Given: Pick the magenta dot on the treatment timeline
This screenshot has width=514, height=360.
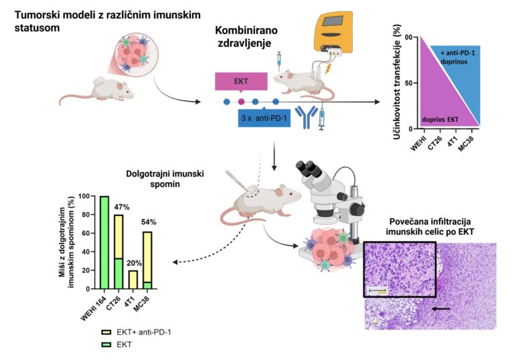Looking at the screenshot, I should [242, 102].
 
